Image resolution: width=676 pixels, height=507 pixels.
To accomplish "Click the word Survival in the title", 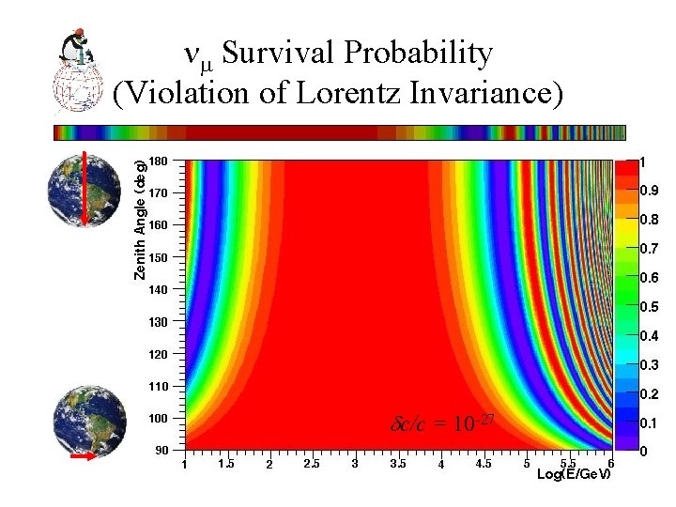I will pyautogui.click(x=282, y=54).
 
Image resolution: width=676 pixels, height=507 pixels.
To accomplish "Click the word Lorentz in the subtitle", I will pyautogui.click(x=376, y=94).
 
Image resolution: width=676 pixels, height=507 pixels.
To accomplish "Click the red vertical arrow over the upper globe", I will pyautogui.click(x=85, y=188).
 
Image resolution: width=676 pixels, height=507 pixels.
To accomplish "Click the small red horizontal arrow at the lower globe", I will pyautogui.click(x=84, y=456).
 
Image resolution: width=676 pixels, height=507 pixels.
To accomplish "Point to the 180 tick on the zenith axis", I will pyautogui.click(x=159, y=161).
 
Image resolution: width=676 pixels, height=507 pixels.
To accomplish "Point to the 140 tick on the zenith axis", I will pyautogui.click(x=159, y=290).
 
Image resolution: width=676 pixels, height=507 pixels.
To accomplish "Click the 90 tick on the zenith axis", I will pyautogui.click(x=161, y=451).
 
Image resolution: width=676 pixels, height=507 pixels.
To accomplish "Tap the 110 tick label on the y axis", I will pyautogui.click(x=159, y=387).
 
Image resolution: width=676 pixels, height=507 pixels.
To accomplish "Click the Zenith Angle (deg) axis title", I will pyautogui.click(x=139, y=220).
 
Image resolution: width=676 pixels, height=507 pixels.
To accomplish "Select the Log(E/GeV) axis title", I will pyautogui.click(x=574, y=474).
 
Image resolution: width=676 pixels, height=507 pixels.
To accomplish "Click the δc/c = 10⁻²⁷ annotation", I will pyautogui.click(x=440, y=423).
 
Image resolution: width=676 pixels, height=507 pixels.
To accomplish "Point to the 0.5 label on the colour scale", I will pyautogui.click(x=648, y=307).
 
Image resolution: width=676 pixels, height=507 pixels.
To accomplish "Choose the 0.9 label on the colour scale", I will pyautogui.click(x=648, y=192).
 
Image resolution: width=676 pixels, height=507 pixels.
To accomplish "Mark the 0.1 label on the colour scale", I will pyautogui.click(x=648, y=423).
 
